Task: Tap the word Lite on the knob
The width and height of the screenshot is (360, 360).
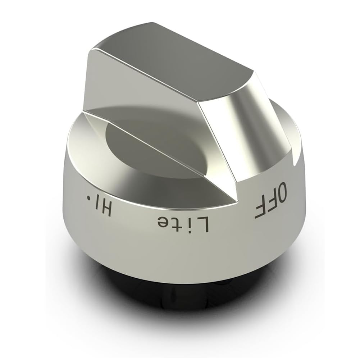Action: (x=183, y=223)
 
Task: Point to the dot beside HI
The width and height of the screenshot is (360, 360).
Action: (x=88, y=197)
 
